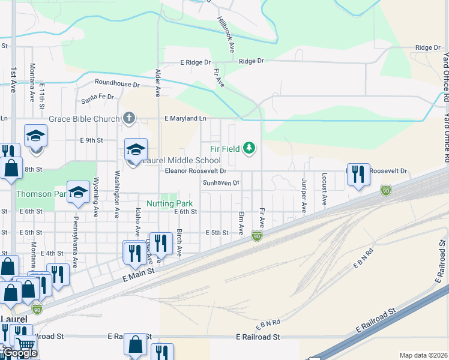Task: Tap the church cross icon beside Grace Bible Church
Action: point(128,118)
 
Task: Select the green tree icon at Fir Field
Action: point(249,148)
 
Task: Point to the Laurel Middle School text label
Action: point(181,161)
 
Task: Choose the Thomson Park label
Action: point(40,194)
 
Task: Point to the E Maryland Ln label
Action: point(186,119)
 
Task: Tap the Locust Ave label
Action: point(324,190)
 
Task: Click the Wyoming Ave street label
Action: point(96,198)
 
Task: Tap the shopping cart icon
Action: point(26,345)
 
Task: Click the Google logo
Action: point(20,353)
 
